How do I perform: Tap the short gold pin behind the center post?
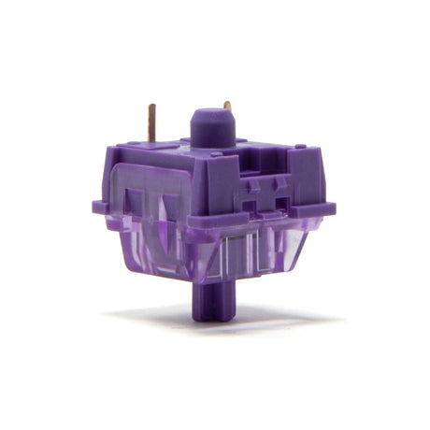tap(227, 107)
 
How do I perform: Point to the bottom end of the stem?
tap(209, 317)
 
